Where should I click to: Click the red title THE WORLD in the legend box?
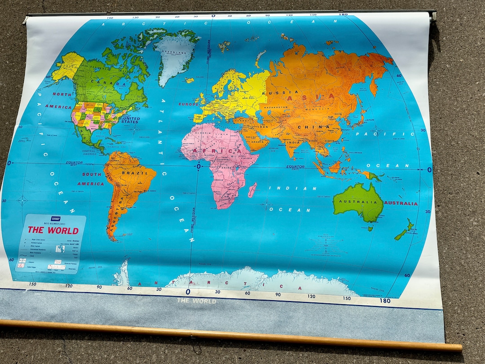[x=53, y=231]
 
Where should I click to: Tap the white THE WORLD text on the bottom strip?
[x=197, y=301]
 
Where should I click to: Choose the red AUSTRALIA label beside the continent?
[x=401, y=203]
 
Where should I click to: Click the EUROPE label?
[x=189, y=104]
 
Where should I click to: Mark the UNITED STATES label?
[x=130, y=120]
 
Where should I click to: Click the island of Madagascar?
[x=252, y=190]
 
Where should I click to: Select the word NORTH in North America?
[x=62, y=94]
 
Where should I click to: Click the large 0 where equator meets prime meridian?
[x=198, y=167]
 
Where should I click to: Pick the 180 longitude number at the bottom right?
[x=385, y=301]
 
